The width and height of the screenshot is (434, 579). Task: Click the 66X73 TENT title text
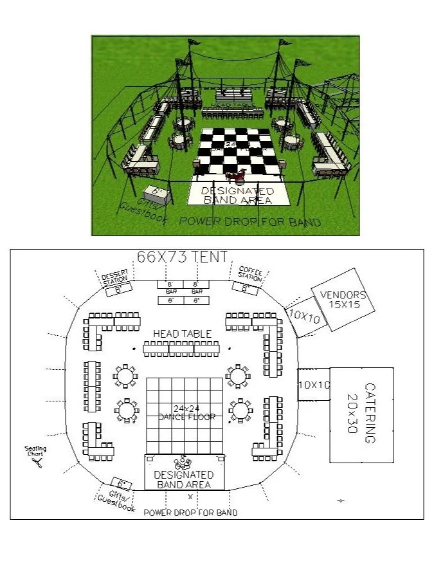(x=183, y=257)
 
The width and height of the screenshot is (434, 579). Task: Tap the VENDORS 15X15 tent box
(x=342, y=300)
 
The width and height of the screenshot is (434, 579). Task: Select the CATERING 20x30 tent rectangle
(x=361, y=414)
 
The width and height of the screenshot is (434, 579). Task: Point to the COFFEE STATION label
(x=249, y=273)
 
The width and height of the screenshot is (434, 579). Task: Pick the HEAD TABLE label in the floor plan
(x=182, y=334)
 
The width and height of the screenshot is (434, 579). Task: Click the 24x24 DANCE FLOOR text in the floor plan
(x=185, y=412)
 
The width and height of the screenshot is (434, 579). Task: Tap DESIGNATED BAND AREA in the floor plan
(x=185, y=479)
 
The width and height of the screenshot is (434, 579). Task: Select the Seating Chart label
(x=35, y=452)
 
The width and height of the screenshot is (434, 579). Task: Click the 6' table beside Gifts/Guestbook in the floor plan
(x=121, y=484)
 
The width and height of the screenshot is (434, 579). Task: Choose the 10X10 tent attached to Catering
(x=313, y=385)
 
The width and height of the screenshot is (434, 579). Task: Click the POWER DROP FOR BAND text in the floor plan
(x=190, y=513)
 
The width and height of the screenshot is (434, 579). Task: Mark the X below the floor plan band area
(x=190, y=497)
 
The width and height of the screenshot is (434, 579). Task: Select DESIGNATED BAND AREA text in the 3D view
(x=238, y=196)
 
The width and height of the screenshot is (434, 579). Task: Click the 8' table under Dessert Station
(x=118, y=289)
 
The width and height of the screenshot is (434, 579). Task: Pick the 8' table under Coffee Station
(x=245, y=289)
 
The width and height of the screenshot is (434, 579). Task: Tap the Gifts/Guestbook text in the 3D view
(x=144, y=210)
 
